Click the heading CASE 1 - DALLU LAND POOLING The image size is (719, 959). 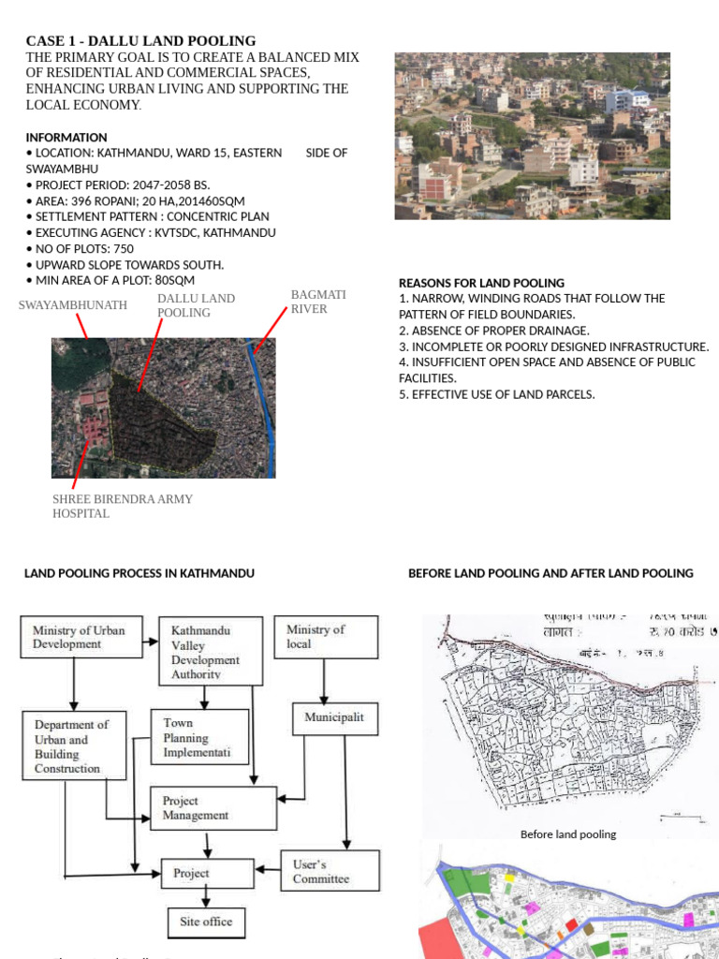point(140,41)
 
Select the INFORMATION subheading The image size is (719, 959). point(66,137)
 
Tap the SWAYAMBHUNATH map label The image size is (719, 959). point(73,305)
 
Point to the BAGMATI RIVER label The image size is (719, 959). point(317,302)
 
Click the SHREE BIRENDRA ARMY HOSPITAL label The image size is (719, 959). point(123,506)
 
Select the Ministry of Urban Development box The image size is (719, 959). point(81,637)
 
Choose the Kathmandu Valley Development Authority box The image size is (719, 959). point(205,648)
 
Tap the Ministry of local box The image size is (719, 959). point(326,637)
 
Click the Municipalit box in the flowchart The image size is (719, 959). point(333,718)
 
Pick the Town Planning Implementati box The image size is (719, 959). point(199,737)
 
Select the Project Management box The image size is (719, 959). point(214,808)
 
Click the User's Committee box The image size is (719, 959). point(330,871)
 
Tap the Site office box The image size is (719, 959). point(206,922)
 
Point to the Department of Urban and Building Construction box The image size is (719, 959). point(74,746)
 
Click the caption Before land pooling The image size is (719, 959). point(568,834)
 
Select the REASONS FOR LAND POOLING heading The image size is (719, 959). point(481,283)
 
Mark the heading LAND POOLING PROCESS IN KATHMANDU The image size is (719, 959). point(139,573)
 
